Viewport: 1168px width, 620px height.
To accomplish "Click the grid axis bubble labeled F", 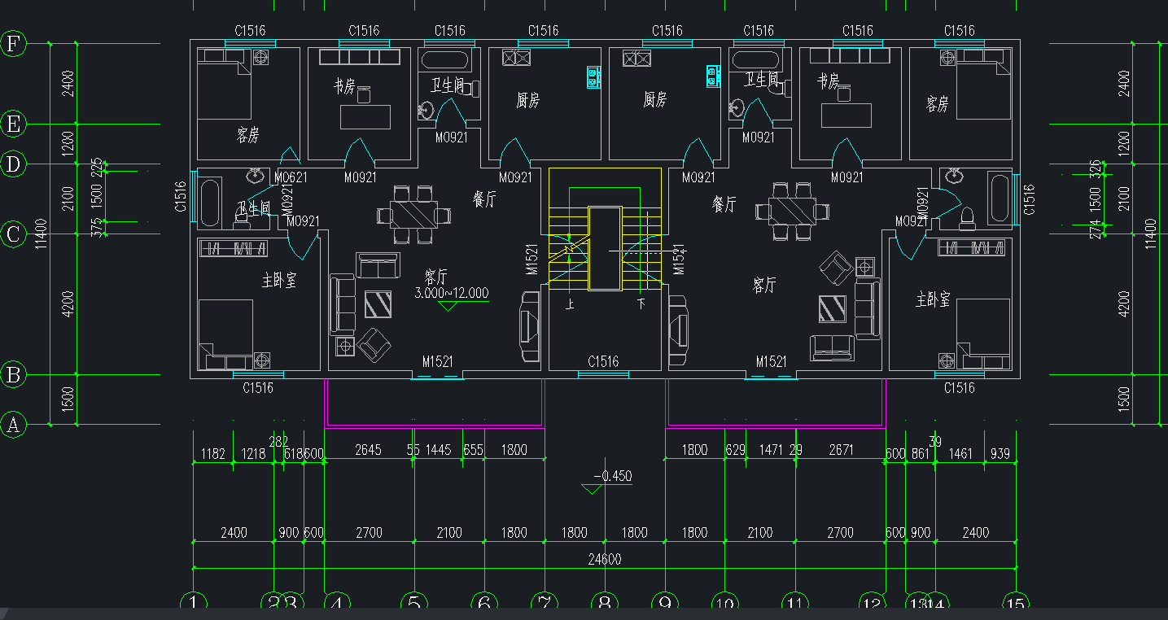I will click(13, 43).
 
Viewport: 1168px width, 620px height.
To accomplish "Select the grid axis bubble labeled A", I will click(13, 425).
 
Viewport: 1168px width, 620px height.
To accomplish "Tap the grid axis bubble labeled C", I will click(13, 235).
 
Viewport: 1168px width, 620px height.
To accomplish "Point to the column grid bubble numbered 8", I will click(604, 604).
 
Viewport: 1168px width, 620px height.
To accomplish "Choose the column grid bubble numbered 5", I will click(413, 604).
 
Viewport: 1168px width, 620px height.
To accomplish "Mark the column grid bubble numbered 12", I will click(873, 604).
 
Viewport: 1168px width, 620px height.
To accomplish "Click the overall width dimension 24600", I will click(604, 559).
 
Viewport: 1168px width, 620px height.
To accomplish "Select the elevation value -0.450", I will click(613, 476).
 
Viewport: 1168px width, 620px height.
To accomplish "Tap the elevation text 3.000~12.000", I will click(452, 293).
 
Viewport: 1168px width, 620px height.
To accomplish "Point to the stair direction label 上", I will click(570, 304).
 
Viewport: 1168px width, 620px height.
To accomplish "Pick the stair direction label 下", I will click(641, 304).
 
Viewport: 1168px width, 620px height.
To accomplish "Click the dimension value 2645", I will click(368, 450).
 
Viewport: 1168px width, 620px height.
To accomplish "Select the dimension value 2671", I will click(840, 450).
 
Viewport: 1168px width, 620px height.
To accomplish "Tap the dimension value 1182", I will click(212, 454).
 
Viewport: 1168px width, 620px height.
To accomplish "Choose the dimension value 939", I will click(1000, 454).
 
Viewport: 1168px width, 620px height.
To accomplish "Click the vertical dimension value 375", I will click(98, 228).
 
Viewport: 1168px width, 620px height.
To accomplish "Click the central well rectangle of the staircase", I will click(604, 248).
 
